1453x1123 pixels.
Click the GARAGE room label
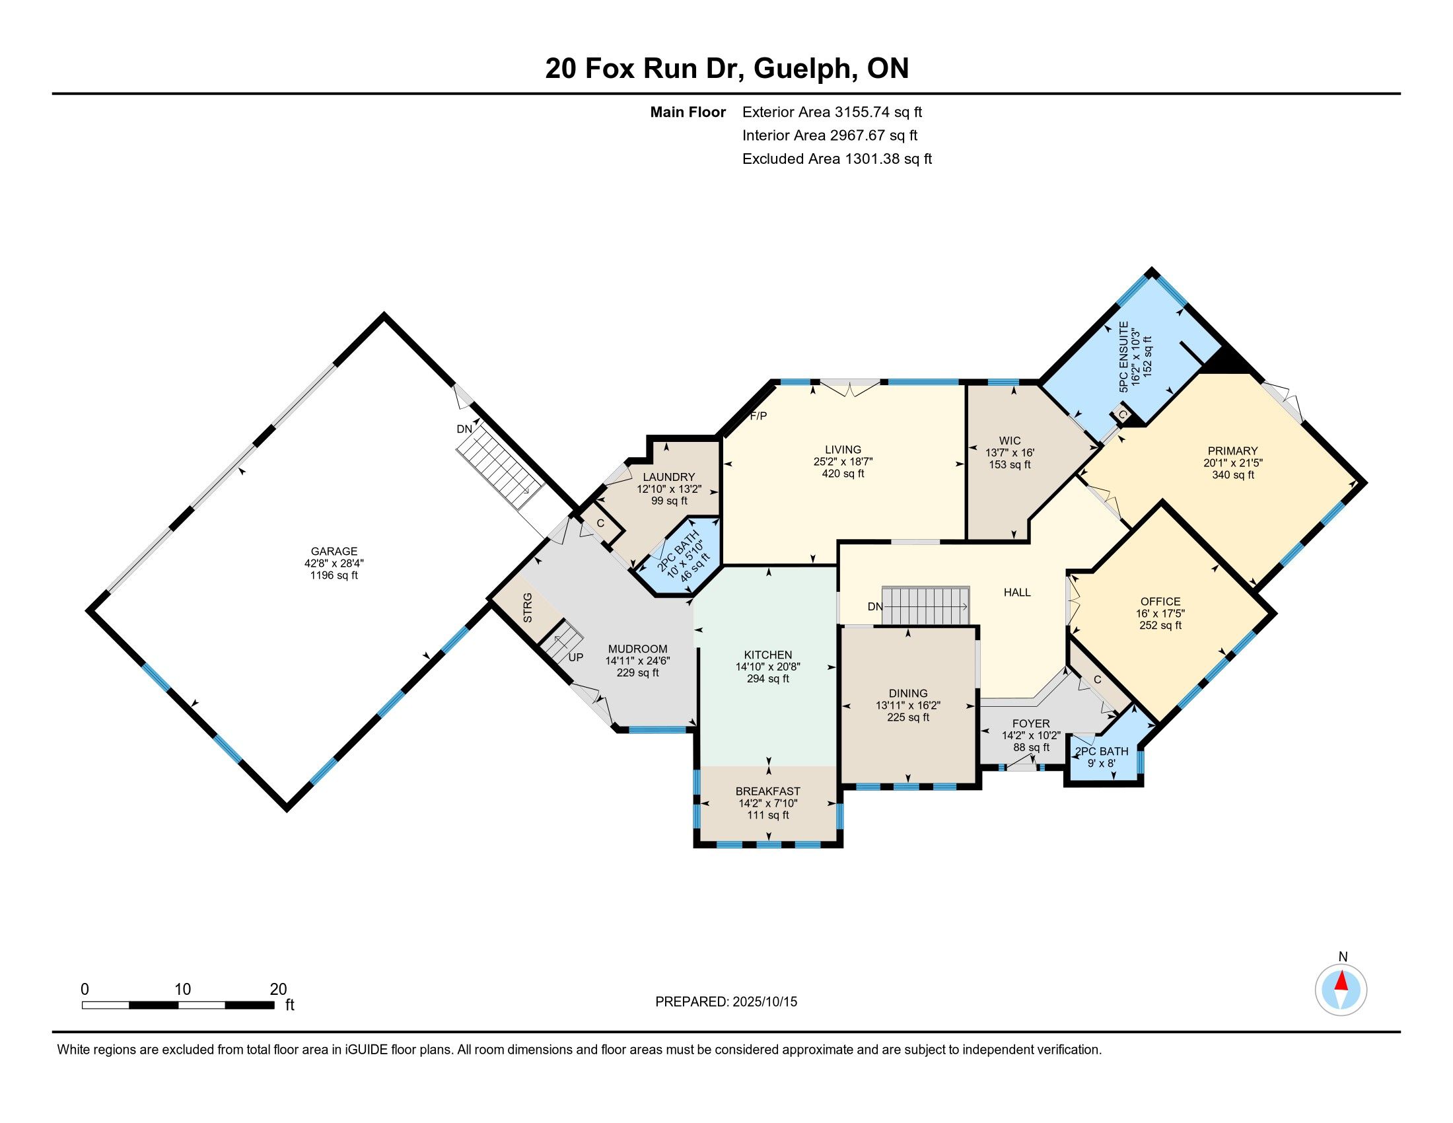point(334,551)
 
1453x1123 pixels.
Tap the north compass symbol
point(1341,990)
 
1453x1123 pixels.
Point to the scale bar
point(178,1005)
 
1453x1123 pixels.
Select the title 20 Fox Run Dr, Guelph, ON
point(726,68)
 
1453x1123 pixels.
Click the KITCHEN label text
point(767,655)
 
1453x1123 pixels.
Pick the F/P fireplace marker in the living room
point(758,416)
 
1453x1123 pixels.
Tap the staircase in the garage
point(499,468)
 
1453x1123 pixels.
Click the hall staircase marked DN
point(925,606)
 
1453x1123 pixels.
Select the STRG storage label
point(528,607)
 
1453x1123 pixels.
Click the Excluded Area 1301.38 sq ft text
point(837,159)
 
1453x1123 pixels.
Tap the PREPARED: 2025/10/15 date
point(726,1001)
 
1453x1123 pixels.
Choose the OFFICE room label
point(1160,601)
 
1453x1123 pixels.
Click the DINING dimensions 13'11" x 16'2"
point(908,706)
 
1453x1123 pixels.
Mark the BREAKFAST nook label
point(767,791)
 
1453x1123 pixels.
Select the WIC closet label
point(1010,441)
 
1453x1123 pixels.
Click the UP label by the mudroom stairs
point(575,657)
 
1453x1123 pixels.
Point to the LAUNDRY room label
point(668,477)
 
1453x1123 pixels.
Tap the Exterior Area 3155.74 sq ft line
point(832,112)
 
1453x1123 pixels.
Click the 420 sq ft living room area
point(843,474)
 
